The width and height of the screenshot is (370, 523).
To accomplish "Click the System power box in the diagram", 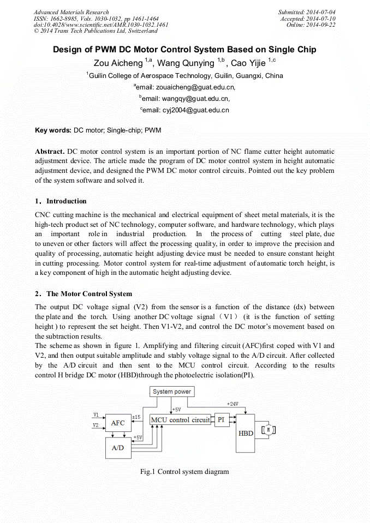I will click(x=171, y=392).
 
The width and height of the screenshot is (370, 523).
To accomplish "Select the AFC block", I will click(x=118, y=423).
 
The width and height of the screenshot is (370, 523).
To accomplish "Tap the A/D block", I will click(x=118, y=448).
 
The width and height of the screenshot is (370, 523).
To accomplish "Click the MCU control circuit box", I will click(x=180, y=420).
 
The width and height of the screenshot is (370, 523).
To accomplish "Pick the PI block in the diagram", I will click(x=221, y=420).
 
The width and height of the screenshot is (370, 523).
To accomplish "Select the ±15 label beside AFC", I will click(x=136, y=417).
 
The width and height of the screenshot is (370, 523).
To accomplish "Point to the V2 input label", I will click(x=96, y=425).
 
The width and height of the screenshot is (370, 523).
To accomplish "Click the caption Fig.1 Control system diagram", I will click(x=184, y=472).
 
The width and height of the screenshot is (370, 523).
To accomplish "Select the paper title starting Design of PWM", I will click(x=184, y=50).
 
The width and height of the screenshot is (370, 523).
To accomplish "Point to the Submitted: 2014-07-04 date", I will click(x=306, y=12).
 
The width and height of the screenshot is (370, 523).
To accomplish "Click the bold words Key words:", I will click(x=53, y=131).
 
